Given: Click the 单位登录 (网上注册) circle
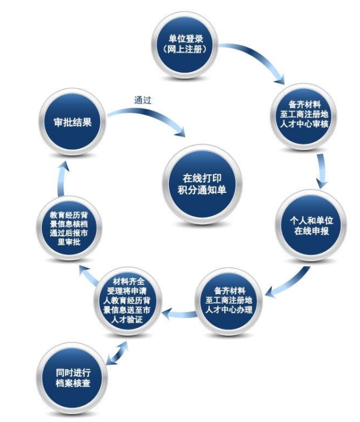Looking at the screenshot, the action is click(185, 45).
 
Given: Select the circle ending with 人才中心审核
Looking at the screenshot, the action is click(304, 116).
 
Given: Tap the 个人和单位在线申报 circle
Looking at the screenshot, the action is click(311, 226).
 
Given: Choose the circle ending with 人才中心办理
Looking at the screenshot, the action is click(229, 302).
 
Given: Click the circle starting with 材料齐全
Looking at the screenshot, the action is click(128, 301).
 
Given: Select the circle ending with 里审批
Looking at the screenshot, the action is click(69, 228).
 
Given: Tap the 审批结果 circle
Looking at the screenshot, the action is click(73, 122).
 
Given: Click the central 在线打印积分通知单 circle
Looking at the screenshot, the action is click(202, 184).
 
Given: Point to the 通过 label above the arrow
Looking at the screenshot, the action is click(143, 100).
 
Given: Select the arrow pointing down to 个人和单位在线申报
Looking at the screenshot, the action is click(322, 171).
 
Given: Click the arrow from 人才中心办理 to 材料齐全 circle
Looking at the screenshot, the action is click(179, 314).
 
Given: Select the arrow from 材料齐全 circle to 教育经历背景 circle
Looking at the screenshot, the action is click(89, 275).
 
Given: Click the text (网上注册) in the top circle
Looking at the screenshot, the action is click(185, 49).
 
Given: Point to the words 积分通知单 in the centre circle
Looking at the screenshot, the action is click(202, 190).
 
